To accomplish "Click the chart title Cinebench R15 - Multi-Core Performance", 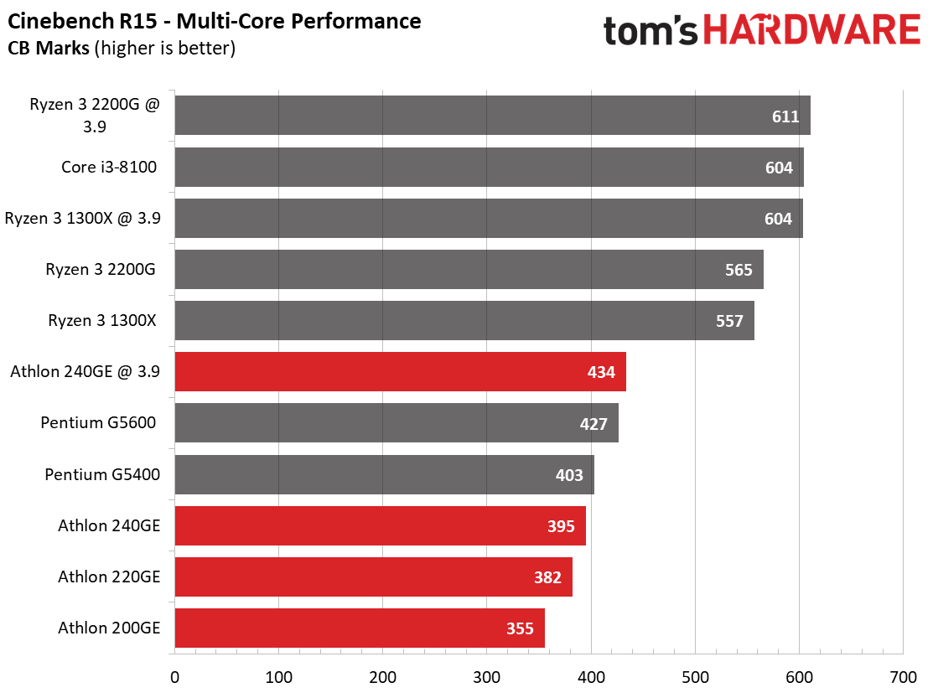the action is point(215,22).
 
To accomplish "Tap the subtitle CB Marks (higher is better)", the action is point(122,48).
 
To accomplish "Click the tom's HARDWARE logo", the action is point(762,30).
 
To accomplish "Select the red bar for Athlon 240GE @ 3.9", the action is point(401,371).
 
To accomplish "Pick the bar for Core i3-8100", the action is point(489,167).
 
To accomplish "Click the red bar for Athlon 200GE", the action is point(360,628).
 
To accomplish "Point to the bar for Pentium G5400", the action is point(385,474).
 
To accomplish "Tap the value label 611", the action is point(785,116).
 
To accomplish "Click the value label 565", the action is point(739,270).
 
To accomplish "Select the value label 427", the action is point(593,424).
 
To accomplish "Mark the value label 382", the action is point(547,577).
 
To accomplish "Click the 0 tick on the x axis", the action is point(174,677).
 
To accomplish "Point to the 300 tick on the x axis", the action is point(487,677).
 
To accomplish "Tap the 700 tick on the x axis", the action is point(904,677).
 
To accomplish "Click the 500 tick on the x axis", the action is point(695,677).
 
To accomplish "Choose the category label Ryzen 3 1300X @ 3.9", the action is point(83,218).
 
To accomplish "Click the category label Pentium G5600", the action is point(98,422).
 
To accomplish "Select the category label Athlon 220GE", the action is point(109,576).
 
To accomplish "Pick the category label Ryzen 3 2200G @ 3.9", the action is point(95,116).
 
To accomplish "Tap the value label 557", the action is point(729,321).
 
